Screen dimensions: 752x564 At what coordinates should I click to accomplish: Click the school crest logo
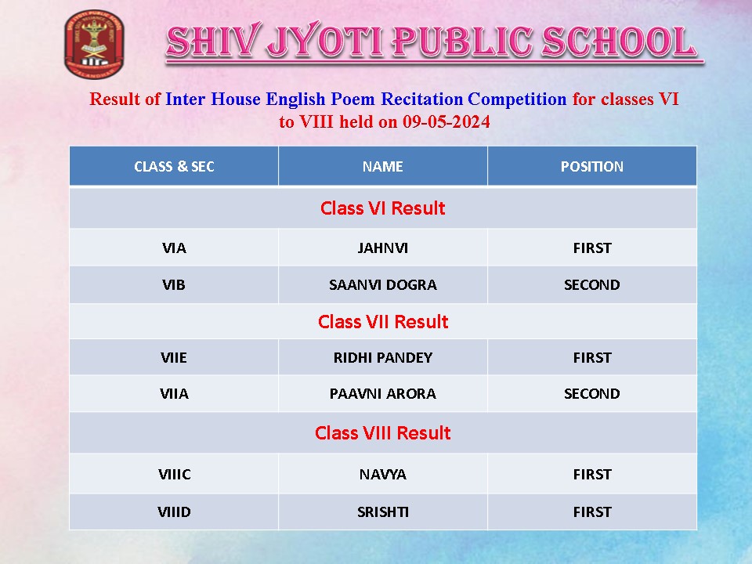(x=94, y=44)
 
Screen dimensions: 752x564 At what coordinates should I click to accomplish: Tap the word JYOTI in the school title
(x=324, y=42)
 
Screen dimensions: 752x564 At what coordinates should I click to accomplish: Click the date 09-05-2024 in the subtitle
(x=446, y=122)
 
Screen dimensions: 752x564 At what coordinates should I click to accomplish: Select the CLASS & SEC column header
(x=174, y=166)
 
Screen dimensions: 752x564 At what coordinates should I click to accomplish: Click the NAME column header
(x=383, y=166)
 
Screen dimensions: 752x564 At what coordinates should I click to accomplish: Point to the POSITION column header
(x=592, y=166)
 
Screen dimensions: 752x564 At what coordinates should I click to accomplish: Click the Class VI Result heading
(x=383, y=208)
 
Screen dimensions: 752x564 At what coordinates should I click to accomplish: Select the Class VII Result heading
(x=383, y=321)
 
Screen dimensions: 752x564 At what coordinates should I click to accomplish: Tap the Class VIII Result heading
(x=383, y=432)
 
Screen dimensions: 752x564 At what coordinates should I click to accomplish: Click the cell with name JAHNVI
(x=383, y=248)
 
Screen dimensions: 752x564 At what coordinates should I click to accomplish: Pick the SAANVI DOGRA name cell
(x=383, y=285)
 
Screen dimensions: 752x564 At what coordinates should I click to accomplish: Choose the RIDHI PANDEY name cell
(x=383, y=358)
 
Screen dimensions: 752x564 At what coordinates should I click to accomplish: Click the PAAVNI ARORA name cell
(x=383, y=394)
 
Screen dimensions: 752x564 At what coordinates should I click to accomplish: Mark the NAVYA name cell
(x=383, y=475)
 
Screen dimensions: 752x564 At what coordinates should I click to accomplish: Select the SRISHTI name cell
(x=383, y=512)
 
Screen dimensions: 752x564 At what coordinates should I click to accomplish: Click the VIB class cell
(x=174, y=285)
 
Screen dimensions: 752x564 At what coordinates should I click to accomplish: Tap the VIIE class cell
(x=174, y=358)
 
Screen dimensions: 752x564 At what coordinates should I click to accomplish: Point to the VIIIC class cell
(x=174, y=475)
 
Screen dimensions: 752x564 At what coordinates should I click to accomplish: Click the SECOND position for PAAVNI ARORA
(x=592, y=394)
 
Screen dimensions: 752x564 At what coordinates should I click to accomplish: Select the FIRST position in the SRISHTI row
(x=592, y=512)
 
